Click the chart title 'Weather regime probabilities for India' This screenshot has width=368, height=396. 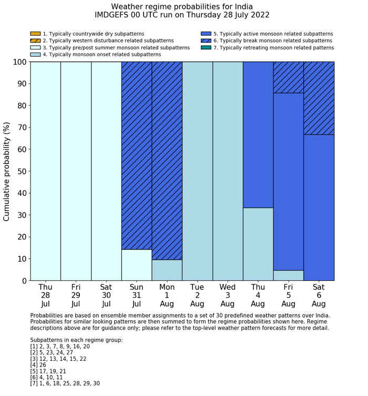(182, 6)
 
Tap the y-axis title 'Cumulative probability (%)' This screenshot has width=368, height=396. (7, 171)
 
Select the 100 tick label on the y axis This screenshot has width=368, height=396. (19, 62)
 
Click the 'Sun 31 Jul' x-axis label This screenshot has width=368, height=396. (137, 295)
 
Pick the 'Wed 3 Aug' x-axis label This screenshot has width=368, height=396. (228, 295)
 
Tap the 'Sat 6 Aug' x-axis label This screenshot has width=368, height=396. (319, 295)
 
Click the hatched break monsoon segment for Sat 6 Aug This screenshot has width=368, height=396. (319, 98)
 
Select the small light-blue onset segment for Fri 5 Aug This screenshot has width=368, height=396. (288, 275)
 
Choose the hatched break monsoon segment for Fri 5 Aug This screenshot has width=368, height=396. (288, 77)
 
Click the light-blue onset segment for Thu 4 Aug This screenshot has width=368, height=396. (258, 244)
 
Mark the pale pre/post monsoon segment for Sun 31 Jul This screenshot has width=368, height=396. (137, 265)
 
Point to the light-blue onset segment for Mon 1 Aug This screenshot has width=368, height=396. (167, 270)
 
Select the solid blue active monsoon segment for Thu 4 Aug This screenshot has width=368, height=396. (258, 134)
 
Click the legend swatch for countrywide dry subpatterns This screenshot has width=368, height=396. (35, 34)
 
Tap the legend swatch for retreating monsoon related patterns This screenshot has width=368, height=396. (206, 47)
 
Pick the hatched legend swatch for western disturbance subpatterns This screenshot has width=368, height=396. (35, 40)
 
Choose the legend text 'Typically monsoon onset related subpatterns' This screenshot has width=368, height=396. (101, 54)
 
